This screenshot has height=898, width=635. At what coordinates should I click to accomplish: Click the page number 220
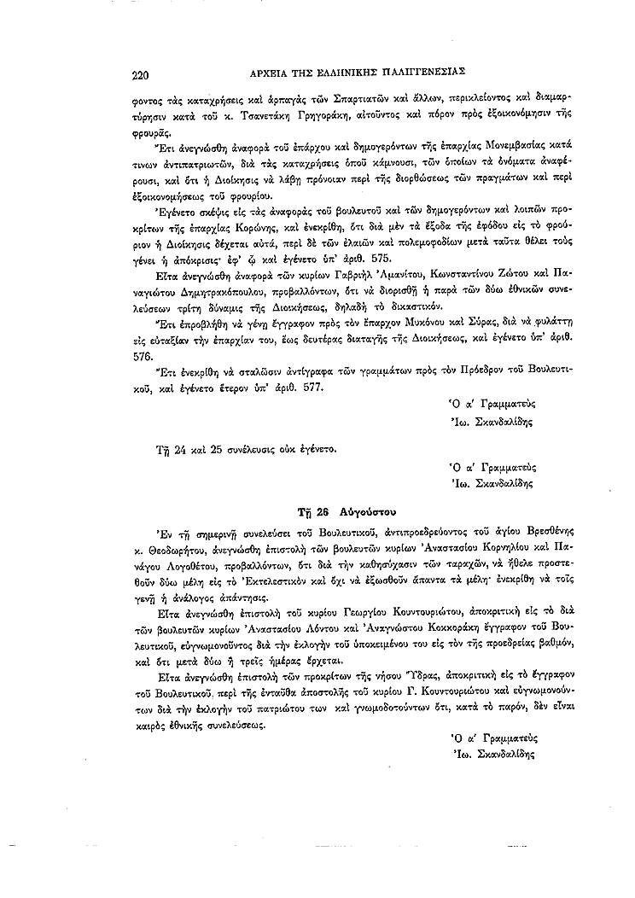(141, 74)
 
